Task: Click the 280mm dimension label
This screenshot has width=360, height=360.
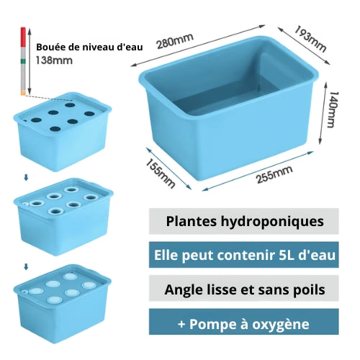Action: coord(175,41)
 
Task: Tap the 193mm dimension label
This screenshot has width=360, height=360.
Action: coord(310,39)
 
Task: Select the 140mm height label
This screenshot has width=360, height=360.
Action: coord(333,109)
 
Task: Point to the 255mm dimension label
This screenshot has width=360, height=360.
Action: coord(274,174)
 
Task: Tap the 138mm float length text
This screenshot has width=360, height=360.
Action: coord(54,60)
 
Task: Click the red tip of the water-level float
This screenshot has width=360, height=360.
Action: coord(23,37)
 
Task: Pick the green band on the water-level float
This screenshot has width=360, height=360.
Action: coord(23,61)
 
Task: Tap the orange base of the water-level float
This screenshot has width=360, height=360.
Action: coord(23,92)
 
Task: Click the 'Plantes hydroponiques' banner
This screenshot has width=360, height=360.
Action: coord(244,221)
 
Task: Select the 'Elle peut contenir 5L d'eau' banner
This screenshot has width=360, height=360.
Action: coord(244,255)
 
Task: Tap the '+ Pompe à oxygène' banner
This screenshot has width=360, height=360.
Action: coord(244,322)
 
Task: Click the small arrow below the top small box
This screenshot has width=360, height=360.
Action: coord(26,178)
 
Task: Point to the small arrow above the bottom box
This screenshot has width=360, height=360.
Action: coord(26,266)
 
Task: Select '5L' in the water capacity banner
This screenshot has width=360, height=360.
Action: coord(287,255)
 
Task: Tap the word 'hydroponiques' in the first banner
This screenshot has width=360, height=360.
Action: coord(272,222)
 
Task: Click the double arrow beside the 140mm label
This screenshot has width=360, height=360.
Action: coord(323,113)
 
